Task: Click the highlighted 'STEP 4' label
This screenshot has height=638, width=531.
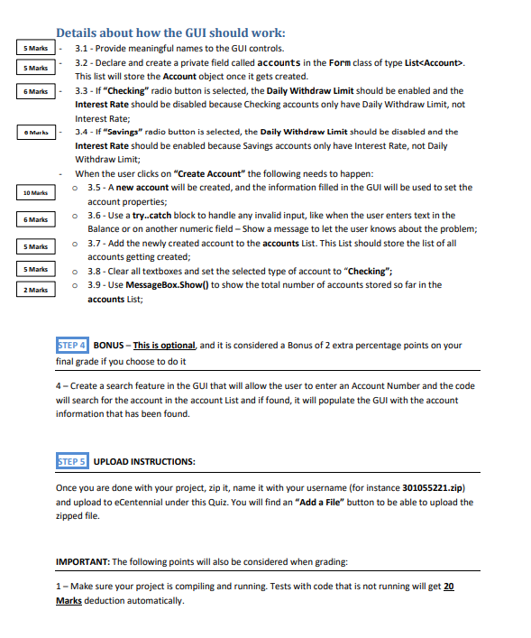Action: click(x=72, y=346)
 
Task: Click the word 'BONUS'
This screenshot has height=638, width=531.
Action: click(x=108, y=346)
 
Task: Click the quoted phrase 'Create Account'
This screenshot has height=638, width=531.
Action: click(x=207, y=173)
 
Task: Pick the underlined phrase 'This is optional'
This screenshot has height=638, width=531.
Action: click(x=164, y=346)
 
